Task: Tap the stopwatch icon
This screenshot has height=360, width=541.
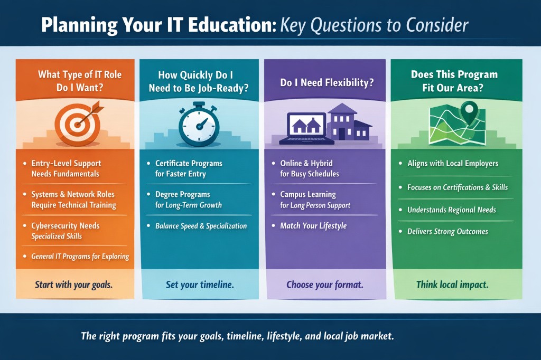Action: [x=198, y=125]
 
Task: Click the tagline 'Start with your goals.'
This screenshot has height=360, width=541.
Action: [x=74, y=285]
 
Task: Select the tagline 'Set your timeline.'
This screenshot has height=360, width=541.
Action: [x=200, y=285]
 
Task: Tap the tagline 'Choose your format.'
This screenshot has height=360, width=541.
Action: [x=324, y=285]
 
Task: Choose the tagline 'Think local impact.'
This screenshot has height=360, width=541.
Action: [x=452, y=285]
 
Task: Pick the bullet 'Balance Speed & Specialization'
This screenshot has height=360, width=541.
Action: [x=201, y=225]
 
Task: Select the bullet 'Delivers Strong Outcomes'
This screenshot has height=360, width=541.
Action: [x=447, y=231]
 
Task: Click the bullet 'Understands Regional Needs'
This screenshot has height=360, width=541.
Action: [x=451, y=210]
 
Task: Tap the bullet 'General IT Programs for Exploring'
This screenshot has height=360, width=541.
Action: [x=80, y=257]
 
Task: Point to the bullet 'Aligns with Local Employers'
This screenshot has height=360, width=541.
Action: [x=452, y=163]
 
